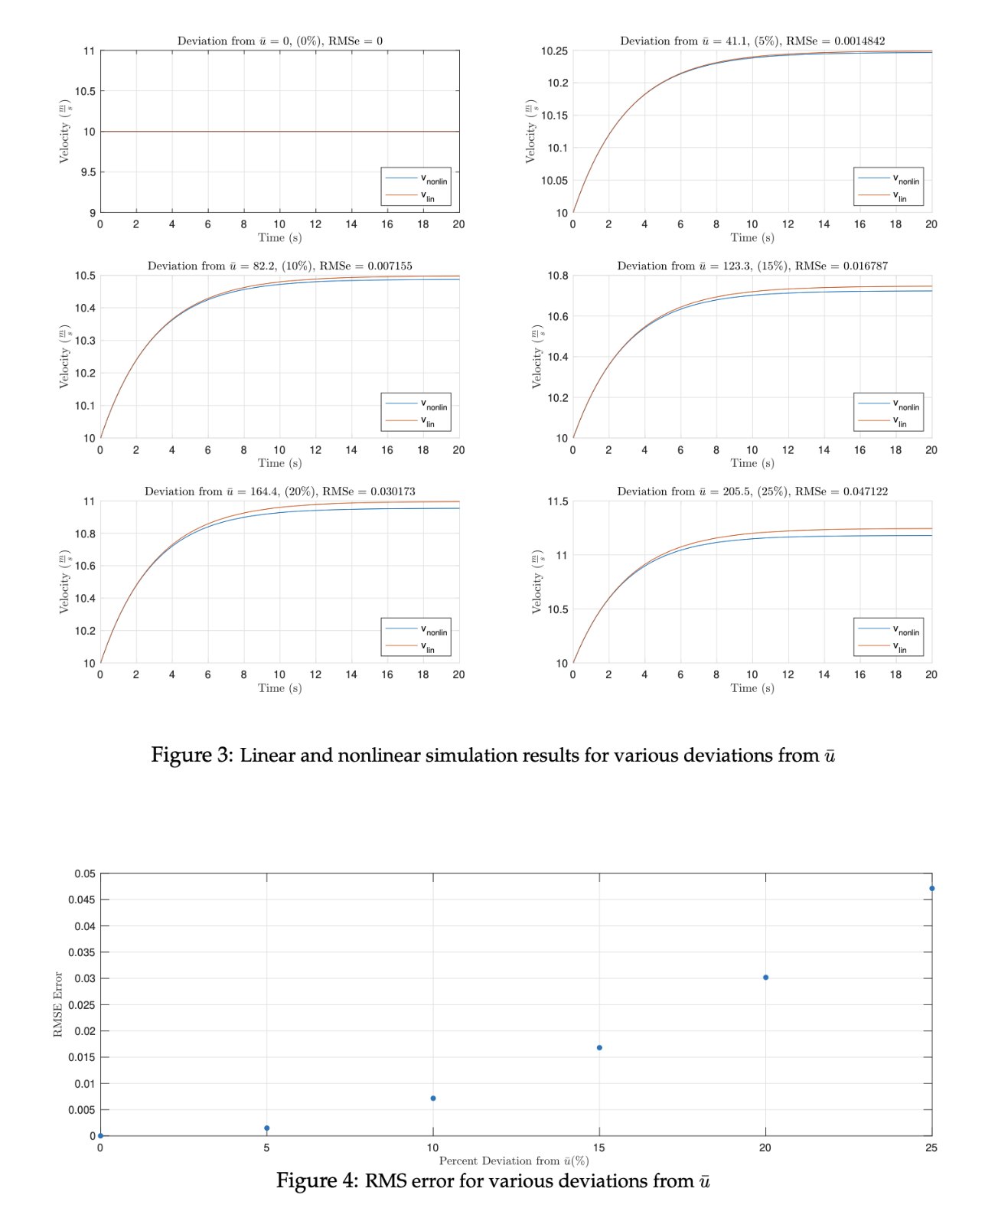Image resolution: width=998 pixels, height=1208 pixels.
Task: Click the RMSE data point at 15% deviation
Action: (x=599, y=1047)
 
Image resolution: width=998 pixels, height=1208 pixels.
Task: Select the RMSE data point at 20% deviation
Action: (x=765, y=978)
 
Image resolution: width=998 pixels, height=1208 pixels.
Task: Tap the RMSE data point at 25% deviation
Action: (x=931, y=888)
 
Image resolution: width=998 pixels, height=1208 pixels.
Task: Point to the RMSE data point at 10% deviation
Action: (x=433, y=1098)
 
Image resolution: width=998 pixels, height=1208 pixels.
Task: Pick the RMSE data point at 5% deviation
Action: (x=266, y=1128)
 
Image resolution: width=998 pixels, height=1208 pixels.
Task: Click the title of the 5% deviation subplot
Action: (x=752, y=41)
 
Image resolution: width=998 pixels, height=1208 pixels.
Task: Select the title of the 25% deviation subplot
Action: (x=752, y=491)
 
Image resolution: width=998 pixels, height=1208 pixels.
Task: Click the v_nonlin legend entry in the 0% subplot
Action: (x=416, y=179)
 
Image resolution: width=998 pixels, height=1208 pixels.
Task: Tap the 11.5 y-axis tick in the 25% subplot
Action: (x=557, y=501)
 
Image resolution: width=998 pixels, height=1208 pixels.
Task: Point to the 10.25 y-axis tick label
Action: (x=554, y=51)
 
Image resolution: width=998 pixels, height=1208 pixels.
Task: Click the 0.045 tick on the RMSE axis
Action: (x=82, y=899)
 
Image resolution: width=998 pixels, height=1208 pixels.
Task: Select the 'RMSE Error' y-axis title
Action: (x=58, y=1004)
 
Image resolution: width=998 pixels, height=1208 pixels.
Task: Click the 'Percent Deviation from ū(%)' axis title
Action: (x=514, y=1161)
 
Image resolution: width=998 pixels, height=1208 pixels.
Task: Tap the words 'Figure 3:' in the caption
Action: (x=191, y=756)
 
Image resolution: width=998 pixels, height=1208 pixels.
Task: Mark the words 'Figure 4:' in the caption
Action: (x=317, y=1180)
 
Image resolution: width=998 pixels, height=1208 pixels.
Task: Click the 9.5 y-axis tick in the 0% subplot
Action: (x=85, y=172)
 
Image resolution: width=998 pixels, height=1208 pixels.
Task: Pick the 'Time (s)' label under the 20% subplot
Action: (x=279, y=688)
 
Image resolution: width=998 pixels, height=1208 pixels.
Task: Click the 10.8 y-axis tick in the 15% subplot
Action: (x=557, y=276)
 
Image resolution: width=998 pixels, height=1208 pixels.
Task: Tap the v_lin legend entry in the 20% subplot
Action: (x=416, y=647)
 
